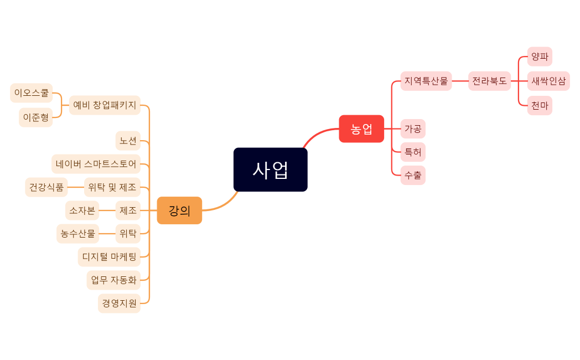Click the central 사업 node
(x=270, y=169)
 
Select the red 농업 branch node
(x=361, y=128)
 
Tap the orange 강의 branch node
(x=179, y=210)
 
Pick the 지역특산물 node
(x=426, y=81)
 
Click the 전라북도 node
(x=489, y=81)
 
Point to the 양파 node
(x=540, y=56)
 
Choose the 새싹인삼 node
(x=548, y=81)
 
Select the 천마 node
(x=540, y=105)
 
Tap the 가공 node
(x=413, y=128)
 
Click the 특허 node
(x=413, y=152)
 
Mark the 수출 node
(x=413, y=175)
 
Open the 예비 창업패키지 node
(x=105, y=105)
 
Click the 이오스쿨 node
(x=31, y=93)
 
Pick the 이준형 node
(x=35, y=117)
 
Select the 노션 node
(x=128, y=141)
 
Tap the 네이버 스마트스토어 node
(x=96, y=164)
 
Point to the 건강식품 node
(x=46, y=187)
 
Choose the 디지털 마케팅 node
(x=109, y=256)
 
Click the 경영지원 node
(x=119, y=303)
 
